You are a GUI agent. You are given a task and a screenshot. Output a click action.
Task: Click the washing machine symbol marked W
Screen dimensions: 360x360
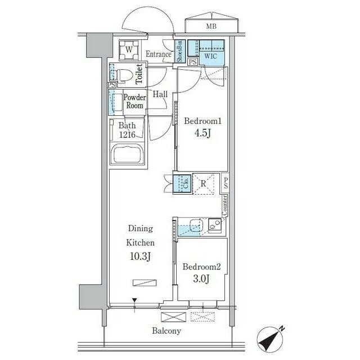[x=129, y=50]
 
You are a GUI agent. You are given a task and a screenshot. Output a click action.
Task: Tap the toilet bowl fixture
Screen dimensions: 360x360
[x=124, y=75]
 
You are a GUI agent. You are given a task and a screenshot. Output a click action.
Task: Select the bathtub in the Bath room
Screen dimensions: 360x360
[x=127, y=154]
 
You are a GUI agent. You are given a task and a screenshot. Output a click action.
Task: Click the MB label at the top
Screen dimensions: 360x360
[x=211, y=26]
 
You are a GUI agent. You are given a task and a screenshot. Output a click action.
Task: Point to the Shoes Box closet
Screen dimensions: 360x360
[x=180, y=51]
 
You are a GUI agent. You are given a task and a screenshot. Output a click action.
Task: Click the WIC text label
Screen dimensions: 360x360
[x=210, y=56]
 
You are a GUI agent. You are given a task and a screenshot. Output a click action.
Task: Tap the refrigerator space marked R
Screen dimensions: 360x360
[x=203, y=184]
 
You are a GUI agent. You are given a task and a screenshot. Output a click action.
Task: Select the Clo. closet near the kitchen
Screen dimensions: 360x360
[x=182, y=184]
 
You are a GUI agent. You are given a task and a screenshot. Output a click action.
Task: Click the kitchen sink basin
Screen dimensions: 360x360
[x=196, y=225]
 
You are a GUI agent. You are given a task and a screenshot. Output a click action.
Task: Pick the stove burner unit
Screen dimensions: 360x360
[x=215, y=225]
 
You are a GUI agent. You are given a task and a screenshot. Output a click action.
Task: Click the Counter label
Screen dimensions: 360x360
[x=225, y=206]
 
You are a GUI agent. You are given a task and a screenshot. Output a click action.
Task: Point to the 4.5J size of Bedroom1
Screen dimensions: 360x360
[x=202, y=133]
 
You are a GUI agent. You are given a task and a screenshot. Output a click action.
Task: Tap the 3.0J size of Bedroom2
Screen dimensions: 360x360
[x=201, y=279]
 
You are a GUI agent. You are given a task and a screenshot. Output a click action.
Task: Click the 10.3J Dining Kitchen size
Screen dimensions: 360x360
[x=140, y=256]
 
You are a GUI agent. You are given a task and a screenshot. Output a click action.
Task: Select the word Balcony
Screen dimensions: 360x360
[x=166, y=331]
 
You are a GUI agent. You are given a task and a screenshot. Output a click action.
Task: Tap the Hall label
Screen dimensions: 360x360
[x=160, y=94]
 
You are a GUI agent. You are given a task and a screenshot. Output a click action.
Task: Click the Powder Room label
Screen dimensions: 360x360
[x=135, y=101]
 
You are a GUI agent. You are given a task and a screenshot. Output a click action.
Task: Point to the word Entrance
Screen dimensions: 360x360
[x=159, y=54]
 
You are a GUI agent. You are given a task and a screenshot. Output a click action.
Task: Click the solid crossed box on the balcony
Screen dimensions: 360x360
[x=174, y=317]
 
